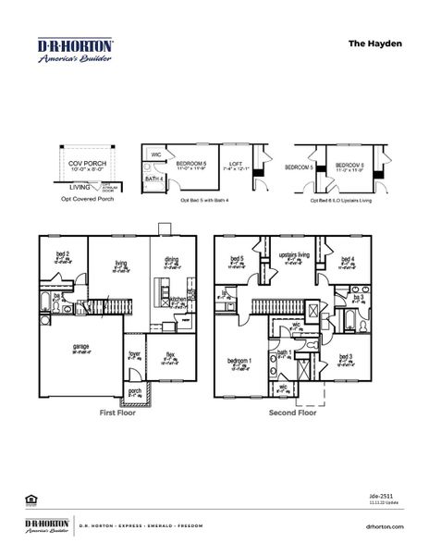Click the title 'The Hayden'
click(x=374, y=43)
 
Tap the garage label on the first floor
click(x=69, y=349)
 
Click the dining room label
click(x=172, y=260)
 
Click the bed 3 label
click(x=345, y=356)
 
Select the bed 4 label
click(x=347, y=260)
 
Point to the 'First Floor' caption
click(x=117, y=413)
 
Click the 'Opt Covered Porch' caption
click(x=87, y=198)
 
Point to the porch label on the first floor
click(x=135, y=391)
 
